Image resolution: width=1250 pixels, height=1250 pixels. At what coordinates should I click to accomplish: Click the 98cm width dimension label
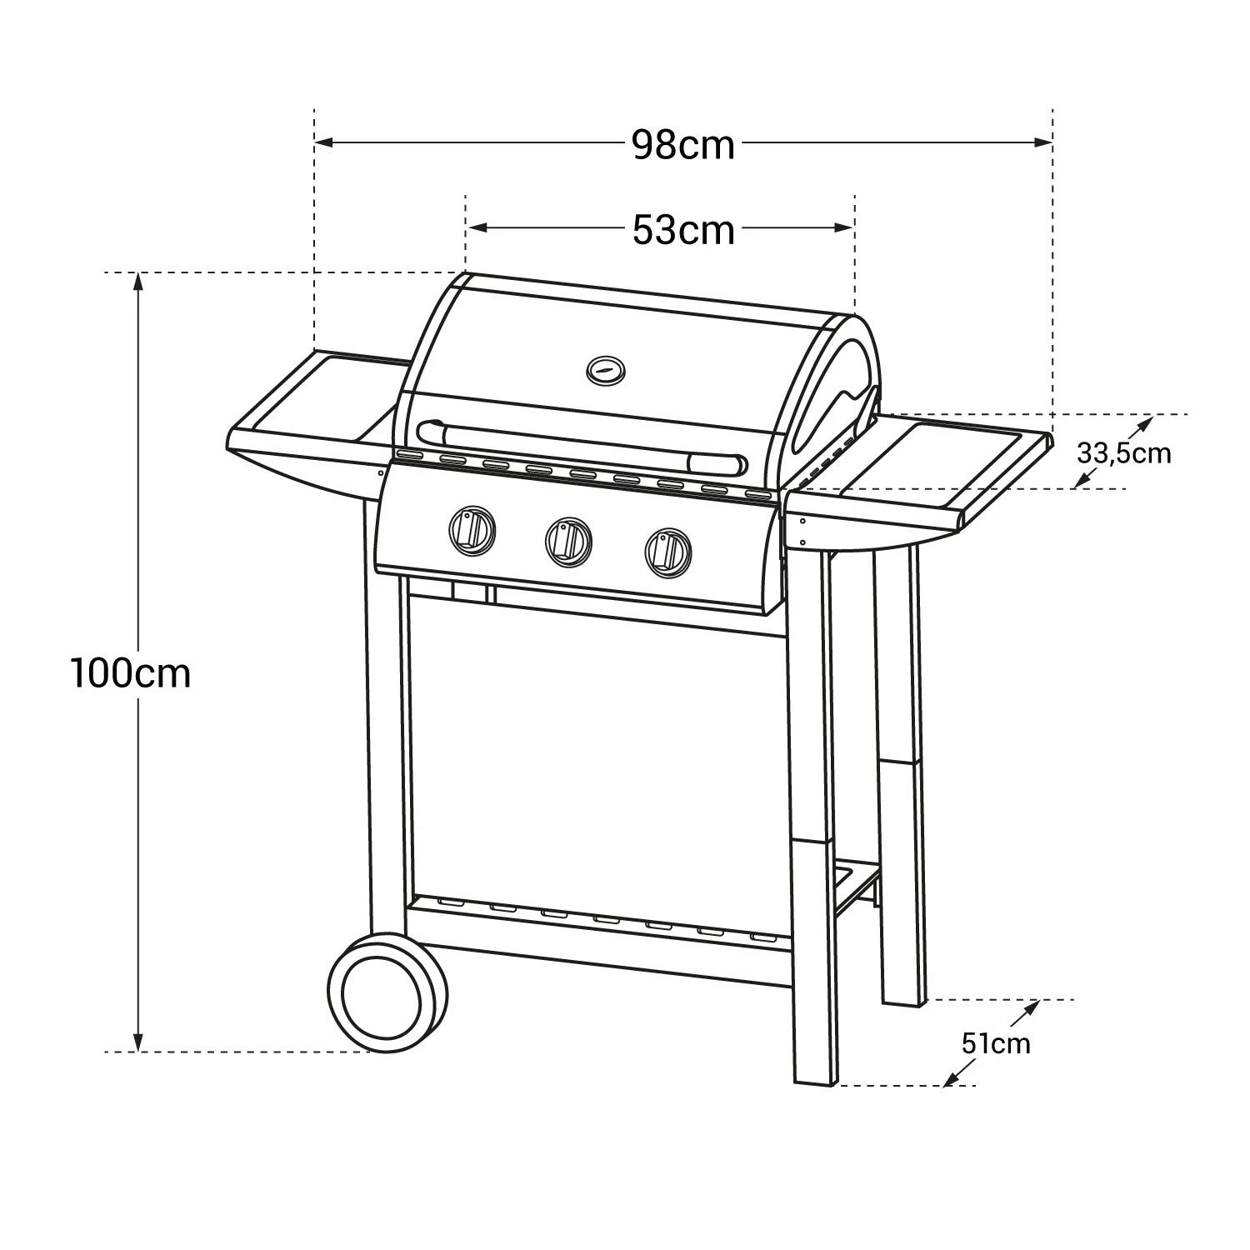[x=682, y=145]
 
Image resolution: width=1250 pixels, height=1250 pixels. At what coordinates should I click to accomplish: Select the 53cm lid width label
[x=682, y=229]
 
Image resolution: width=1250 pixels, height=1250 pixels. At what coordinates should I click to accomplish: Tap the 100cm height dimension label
[x=131, y=673]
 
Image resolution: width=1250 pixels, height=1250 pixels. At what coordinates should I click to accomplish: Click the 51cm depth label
[x=995, y=1042]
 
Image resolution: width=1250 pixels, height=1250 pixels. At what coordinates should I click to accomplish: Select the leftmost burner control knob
[x=472, y=528]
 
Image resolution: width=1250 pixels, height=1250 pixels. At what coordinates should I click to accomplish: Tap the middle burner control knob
[x=568, y=539]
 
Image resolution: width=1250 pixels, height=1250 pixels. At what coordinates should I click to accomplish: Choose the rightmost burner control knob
[x=667, y=549]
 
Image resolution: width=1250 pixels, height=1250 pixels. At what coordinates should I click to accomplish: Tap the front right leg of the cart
[x=812, y=833]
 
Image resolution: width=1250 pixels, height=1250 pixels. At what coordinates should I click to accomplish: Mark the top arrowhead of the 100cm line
[x=138, y=283]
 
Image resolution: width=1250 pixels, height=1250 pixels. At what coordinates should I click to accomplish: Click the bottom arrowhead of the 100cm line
[x=138, y=1042]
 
